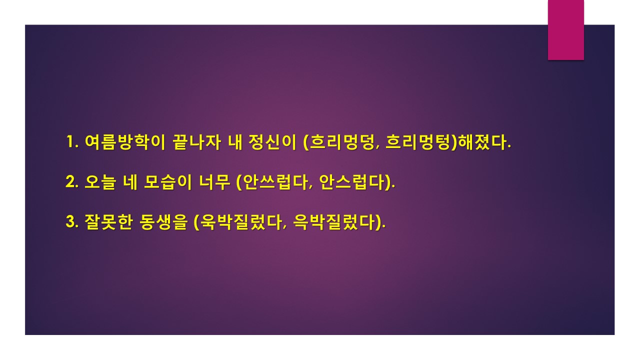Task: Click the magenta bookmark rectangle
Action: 565,29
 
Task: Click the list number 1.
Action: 72,141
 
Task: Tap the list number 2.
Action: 72,181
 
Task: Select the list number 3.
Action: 72,221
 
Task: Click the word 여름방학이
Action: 125,141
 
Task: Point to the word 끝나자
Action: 197,141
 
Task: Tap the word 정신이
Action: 272,141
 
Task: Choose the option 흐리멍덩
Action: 341,142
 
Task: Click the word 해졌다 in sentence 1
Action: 482,142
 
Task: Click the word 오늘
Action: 100,182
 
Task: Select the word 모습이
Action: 167,182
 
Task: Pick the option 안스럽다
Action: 351,182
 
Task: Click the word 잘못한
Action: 109,222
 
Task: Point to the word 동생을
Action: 164,222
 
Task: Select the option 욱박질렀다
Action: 241,222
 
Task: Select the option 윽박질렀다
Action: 334,222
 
